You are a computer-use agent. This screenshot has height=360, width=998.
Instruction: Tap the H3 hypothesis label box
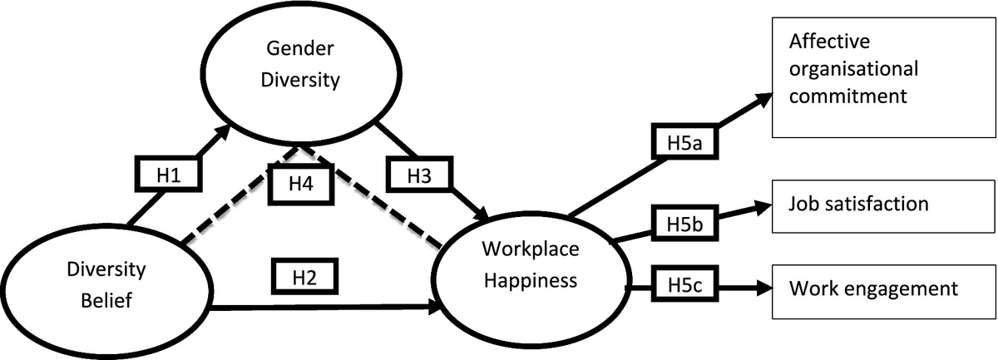(418, 176)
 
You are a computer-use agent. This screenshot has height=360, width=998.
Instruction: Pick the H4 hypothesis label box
(300, 182)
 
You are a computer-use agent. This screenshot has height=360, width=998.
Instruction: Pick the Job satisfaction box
(883, 203)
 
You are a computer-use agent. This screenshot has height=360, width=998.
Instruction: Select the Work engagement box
(883, 290)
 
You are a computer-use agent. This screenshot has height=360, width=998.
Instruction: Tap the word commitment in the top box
(847, 96)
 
